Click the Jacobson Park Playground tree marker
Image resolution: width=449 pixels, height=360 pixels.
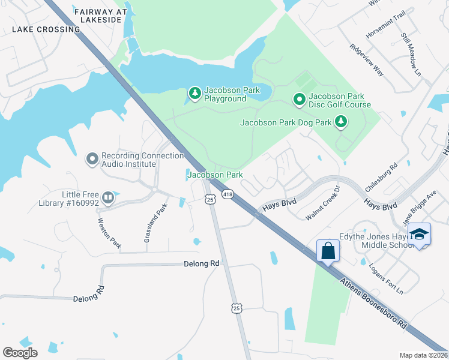point(194,93)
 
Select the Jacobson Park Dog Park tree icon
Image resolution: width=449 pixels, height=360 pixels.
point(341,122)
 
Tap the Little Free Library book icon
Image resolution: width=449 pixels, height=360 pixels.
point(108,197)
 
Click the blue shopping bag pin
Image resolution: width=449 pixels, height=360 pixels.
point(328,251)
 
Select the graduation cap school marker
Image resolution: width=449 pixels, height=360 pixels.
point(421,234)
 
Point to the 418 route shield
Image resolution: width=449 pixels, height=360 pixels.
point(228,194)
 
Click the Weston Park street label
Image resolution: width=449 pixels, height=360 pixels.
point(110,233)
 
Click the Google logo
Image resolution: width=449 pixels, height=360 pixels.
point(20,352)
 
